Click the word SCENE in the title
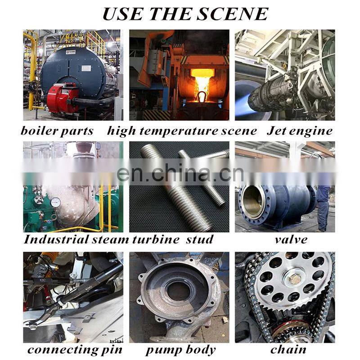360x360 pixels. pos(233,14)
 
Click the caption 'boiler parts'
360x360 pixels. pos(57,131)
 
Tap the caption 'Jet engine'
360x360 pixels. pos(300,131)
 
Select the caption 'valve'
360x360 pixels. pos(291,240)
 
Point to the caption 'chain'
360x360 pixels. pos(288,350)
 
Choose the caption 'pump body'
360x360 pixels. pos(181,351)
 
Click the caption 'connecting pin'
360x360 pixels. pos(75,351)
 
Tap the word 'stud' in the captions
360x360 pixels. pos(199,239)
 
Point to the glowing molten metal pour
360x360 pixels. pos(202,83)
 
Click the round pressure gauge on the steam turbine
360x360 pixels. pos(55,202)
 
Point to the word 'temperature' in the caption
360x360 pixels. pos(179,131)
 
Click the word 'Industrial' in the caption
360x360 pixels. pos(56,239)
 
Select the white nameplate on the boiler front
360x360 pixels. pos(87,68)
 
